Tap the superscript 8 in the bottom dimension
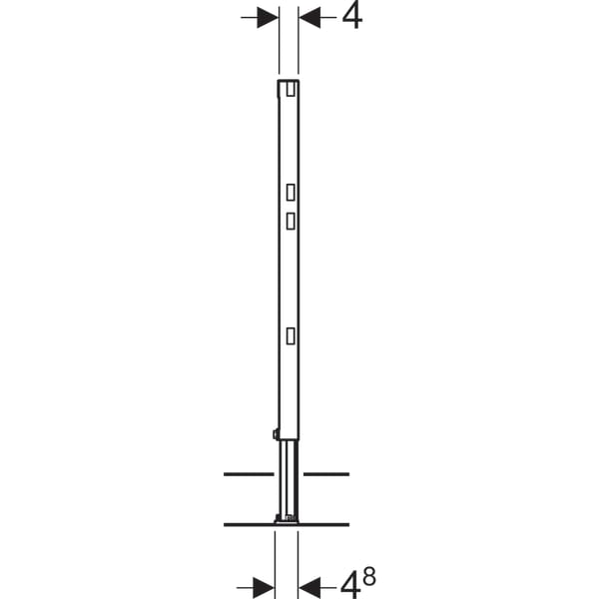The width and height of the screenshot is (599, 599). tap(369, 576)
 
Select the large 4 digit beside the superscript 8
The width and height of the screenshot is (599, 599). tap(350, 587)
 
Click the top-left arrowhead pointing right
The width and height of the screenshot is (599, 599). tap(268, 17)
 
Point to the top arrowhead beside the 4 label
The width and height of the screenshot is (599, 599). tap(309, 17)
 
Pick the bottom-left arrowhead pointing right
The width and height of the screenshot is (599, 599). tap(264, 588)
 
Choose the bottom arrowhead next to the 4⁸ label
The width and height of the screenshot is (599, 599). tap(309, 588)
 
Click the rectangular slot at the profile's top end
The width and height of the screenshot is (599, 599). tap(291, 90)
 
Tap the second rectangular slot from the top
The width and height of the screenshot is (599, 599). tap(291, 192)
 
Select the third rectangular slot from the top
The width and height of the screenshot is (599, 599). tap(291, 222)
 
